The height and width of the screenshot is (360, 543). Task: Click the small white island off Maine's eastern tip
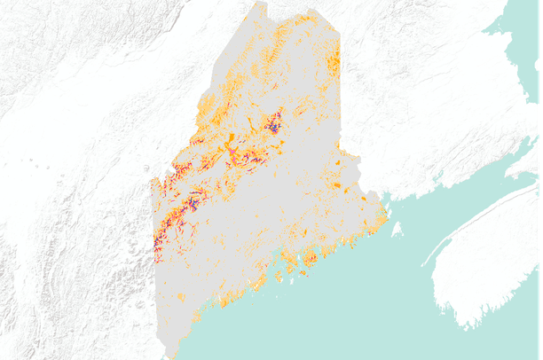click(396, 229)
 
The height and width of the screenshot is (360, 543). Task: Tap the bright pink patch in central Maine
click(232, 154)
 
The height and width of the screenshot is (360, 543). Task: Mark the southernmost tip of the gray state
click(177, 356)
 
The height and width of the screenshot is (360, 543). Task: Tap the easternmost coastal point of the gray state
click(388, 215)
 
